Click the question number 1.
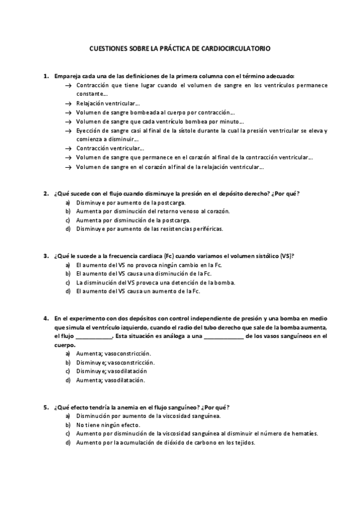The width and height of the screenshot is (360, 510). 46,76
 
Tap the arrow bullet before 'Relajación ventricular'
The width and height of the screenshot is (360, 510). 68,103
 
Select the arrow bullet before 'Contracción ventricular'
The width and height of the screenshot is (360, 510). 68,148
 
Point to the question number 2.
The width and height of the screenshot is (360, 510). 46,193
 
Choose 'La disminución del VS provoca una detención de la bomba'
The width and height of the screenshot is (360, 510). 155,282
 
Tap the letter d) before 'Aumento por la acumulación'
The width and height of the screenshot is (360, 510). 68,443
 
